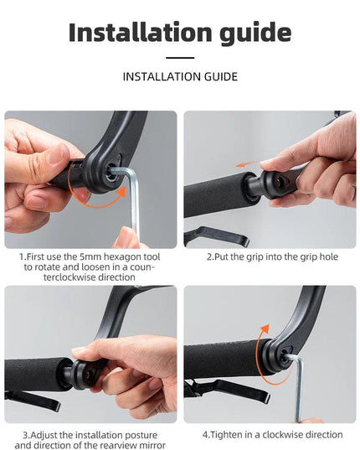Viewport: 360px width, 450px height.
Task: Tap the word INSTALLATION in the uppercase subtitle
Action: coord(162,76)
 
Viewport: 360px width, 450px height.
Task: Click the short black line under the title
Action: coord(180,58)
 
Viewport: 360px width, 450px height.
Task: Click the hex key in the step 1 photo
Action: coord(132,201)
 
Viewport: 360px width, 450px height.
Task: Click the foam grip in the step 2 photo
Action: coord(216,194)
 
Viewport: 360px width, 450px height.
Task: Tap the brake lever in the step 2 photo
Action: coord(216,236)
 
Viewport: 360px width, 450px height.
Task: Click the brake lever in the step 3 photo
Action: coord(33,401)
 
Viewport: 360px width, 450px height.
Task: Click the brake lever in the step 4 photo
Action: coord(226,391)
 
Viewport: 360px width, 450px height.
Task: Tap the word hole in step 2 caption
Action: coord(329,256)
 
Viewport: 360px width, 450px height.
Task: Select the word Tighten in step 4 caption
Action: coord(222,435)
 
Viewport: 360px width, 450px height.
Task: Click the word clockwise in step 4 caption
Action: coord(286,434)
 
